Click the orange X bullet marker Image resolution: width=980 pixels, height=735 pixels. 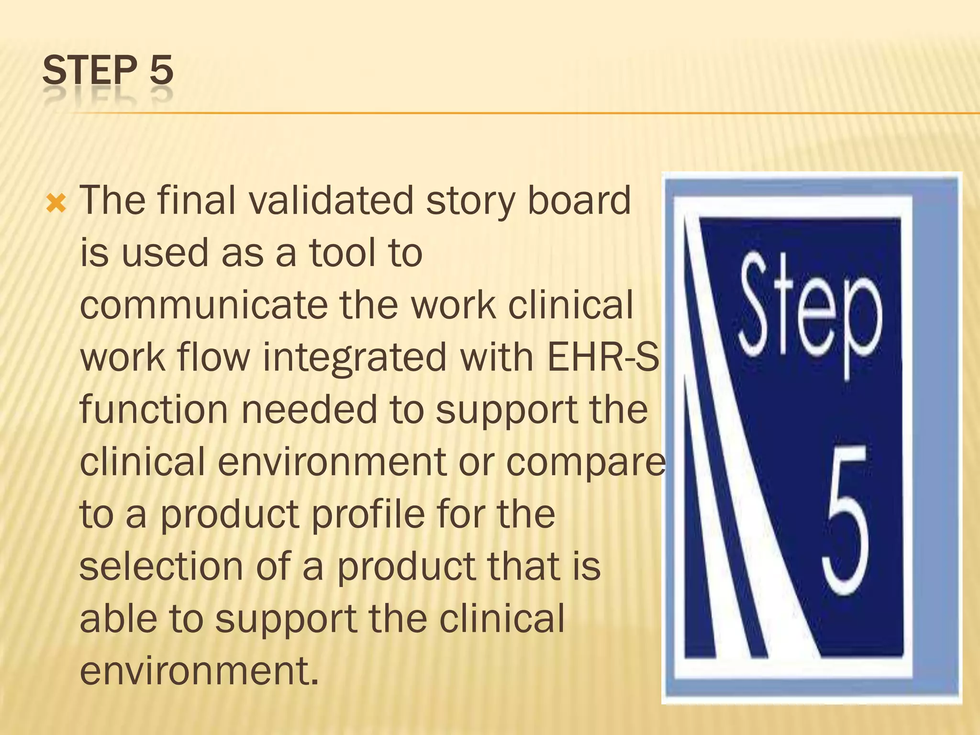[x=56, y=204]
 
